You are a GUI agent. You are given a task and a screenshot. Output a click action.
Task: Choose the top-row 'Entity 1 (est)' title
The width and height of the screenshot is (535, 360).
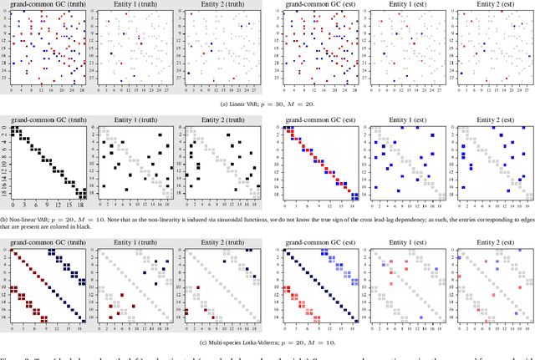coord(405,4)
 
